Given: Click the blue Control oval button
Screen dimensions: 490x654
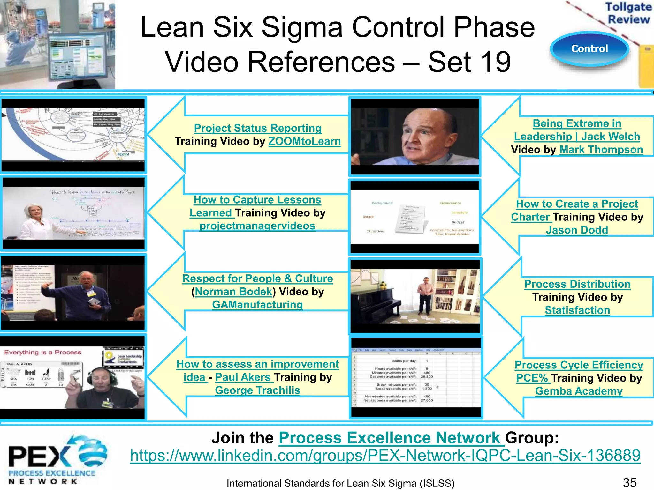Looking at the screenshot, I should point(589,49).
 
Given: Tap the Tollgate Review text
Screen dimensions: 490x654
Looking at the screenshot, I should point(628,13).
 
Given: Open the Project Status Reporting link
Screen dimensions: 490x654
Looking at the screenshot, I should point(258,128).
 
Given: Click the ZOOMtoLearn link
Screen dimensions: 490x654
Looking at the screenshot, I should point(304,141).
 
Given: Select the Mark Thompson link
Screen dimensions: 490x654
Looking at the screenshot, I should point(601,150).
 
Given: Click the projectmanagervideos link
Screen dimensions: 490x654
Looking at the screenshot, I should point(257,226).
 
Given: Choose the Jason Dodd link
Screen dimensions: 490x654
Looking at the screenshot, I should point(577,230).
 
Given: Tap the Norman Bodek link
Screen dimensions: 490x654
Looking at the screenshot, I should point(233,292).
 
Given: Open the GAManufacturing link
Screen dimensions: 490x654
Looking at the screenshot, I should point(257,305).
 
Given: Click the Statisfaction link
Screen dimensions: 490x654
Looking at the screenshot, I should point(577,310).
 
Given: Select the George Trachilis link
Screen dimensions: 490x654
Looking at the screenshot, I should point(257,390).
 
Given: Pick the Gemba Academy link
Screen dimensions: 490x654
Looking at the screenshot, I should point(579,391).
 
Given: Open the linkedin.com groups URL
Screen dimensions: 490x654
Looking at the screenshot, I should point(385,456).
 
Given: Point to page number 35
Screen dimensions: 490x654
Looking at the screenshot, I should point(630,483).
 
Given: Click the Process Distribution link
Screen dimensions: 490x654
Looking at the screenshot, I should point(577,284).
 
